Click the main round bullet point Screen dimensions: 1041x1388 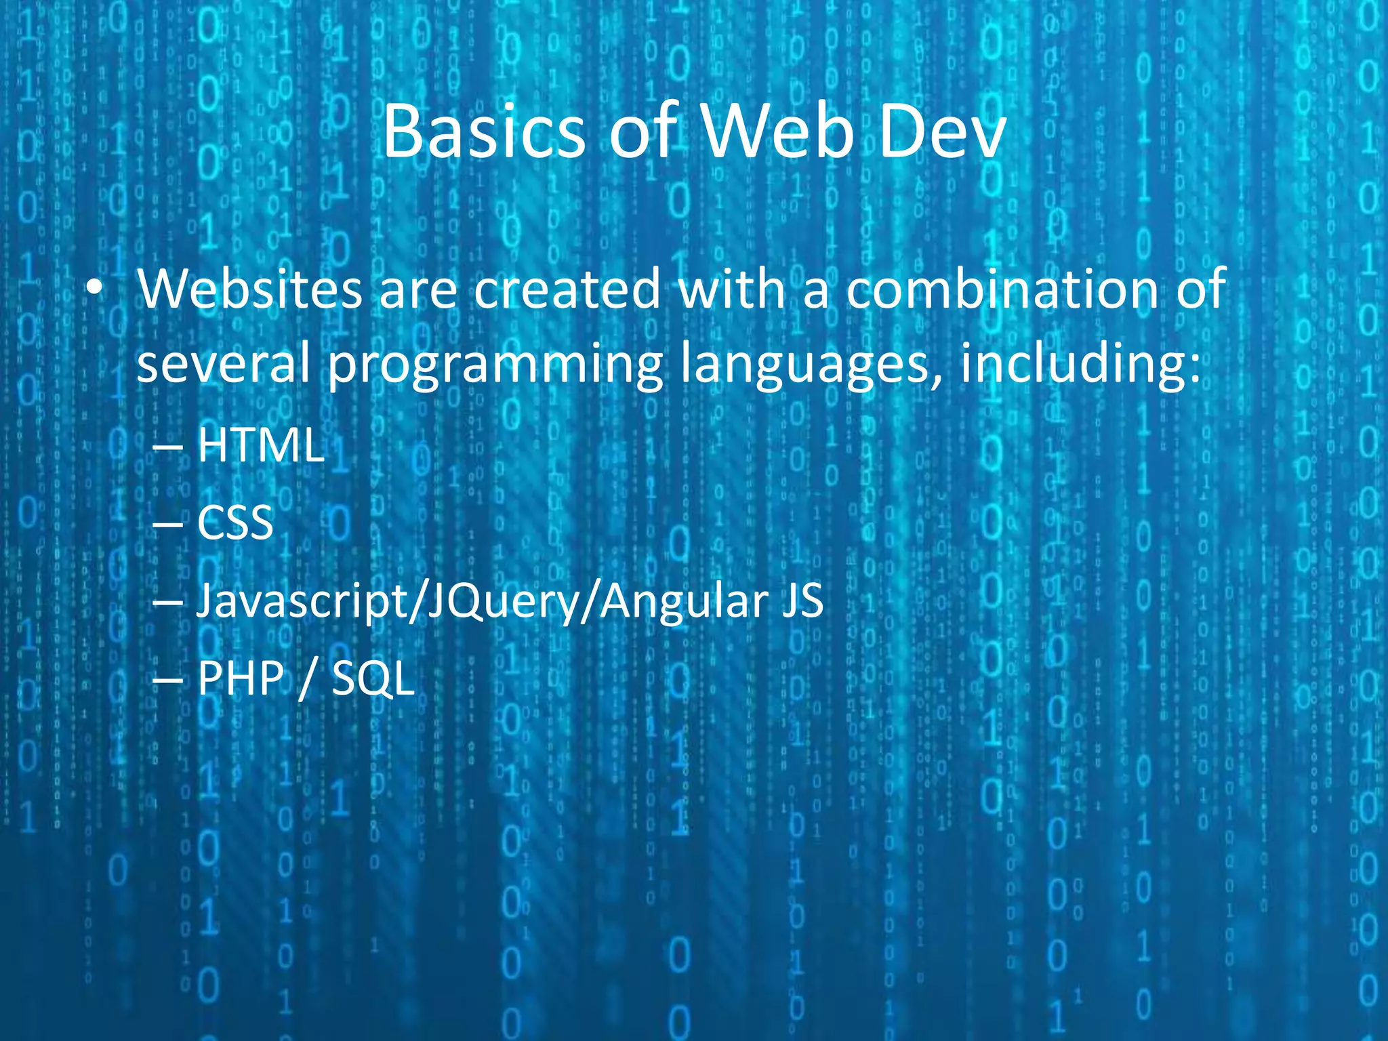(94, 290)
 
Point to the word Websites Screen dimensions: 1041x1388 (249, 290)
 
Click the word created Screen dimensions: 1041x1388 (567, 290)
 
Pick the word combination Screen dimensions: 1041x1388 (1002, 290)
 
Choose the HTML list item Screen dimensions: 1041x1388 (260, 446)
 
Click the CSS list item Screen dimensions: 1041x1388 (235, 523)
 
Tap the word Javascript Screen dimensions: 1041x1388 (302, 602)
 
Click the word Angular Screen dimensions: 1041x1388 (685, 602)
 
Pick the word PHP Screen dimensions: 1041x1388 (241, 678)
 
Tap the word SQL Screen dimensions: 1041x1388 (373, 678)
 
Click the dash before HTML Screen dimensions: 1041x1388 (167, 447)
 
